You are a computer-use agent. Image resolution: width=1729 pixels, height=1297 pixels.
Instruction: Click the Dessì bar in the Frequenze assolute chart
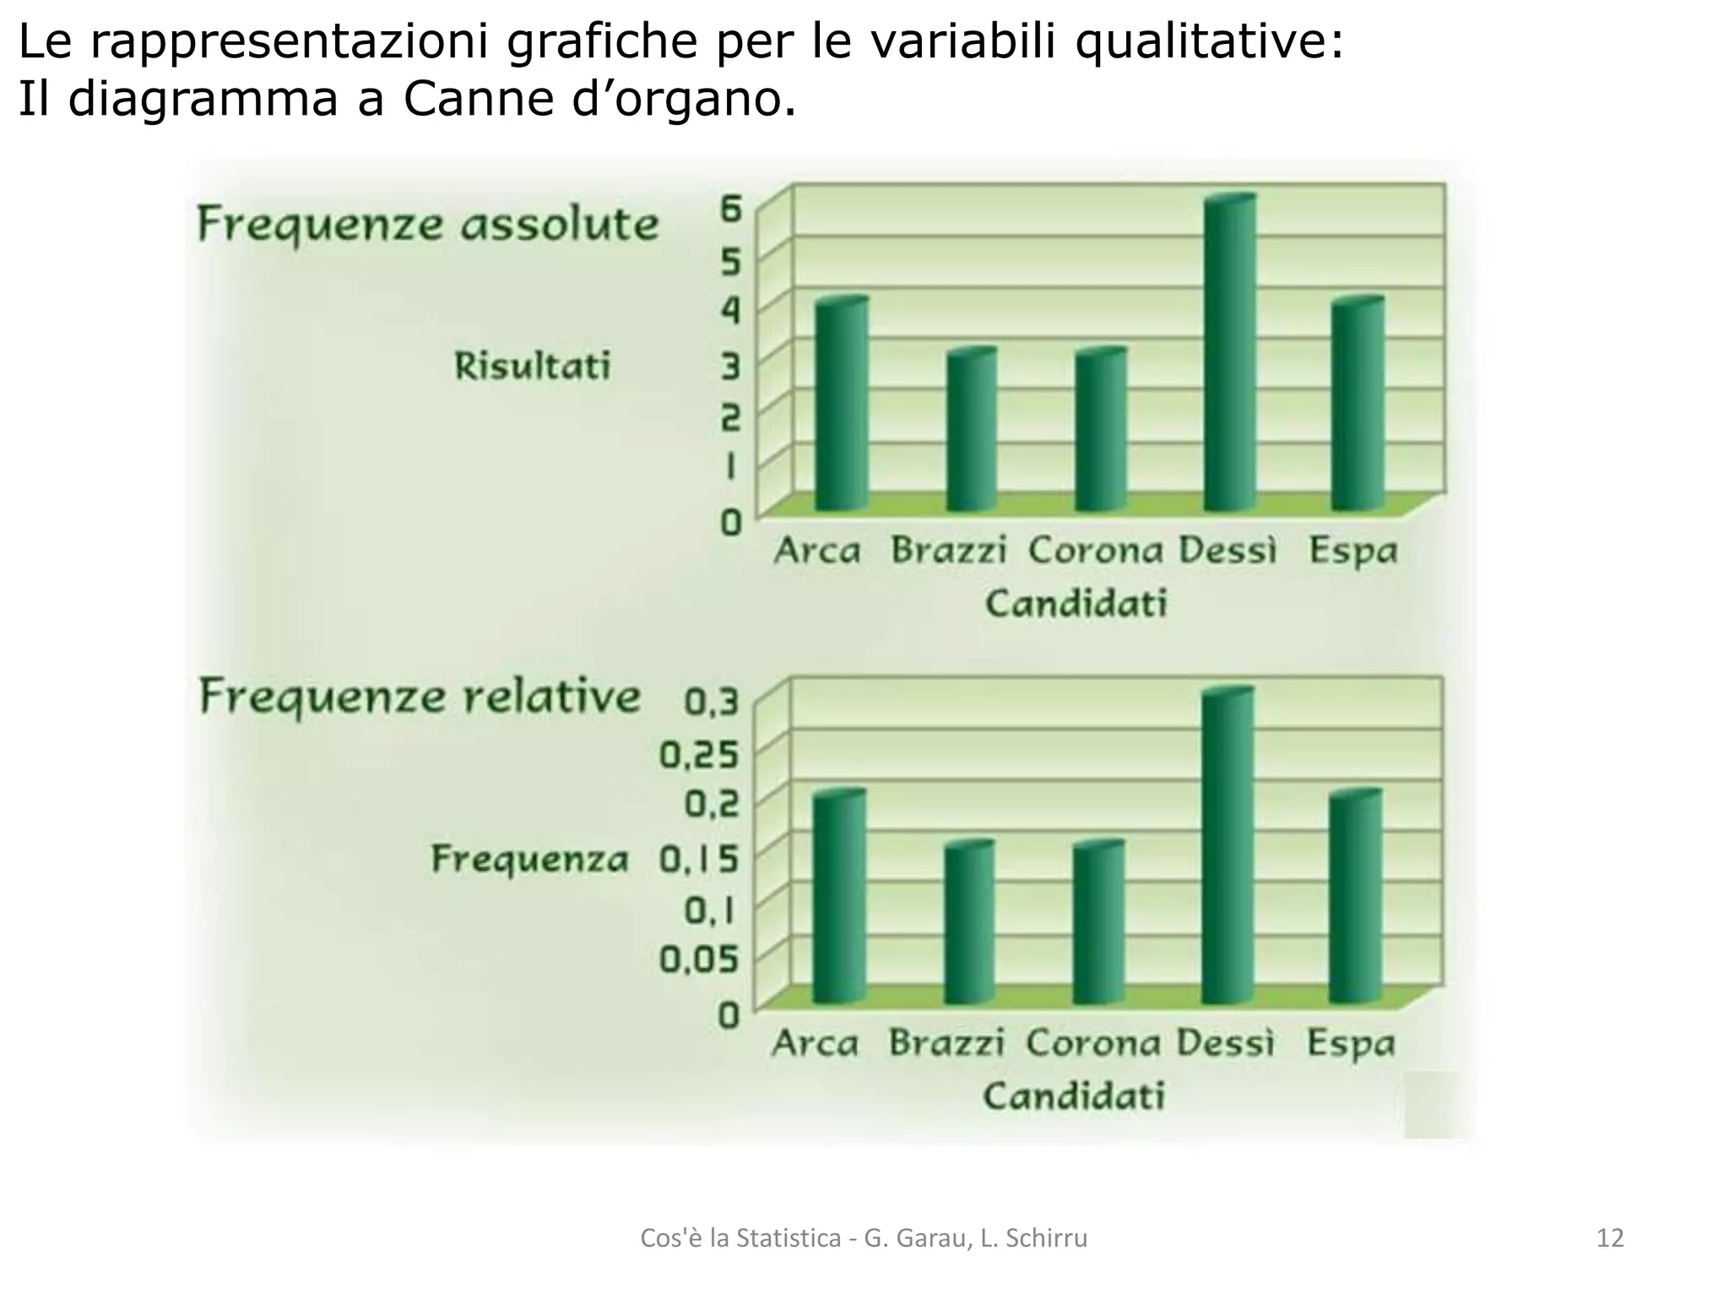point(1229,355)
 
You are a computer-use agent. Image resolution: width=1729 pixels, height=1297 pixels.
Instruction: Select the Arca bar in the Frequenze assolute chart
point(841,405)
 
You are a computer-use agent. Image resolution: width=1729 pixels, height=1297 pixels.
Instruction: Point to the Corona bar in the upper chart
point(1100,431)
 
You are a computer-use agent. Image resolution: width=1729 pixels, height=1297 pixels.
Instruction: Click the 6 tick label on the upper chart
point(730,209)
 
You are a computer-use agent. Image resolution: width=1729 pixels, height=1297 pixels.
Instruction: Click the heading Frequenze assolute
point(427,225)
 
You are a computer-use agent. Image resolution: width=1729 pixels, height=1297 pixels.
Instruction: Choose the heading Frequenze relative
point(420,698)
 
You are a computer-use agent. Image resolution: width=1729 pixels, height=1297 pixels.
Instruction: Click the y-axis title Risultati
point(532,366)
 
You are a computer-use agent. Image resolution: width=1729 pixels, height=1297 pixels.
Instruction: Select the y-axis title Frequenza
point(530,860)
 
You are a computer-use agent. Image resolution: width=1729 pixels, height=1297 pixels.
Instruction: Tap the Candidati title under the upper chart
point(1076,604)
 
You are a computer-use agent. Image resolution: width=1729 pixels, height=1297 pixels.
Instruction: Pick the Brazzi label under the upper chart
point(949,551)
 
